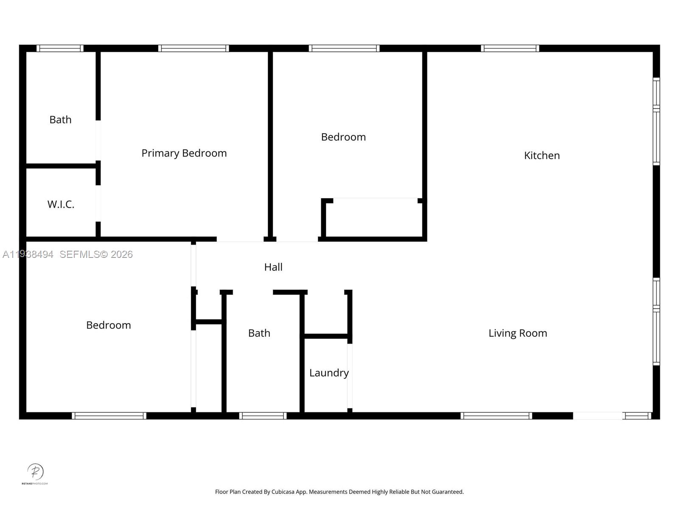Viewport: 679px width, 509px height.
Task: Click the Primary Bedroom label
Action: (184, 153)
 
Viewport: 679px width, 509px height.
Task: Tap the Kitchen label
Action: (542, 156)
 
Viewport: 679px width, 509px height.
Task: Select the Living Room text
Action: (517, 333)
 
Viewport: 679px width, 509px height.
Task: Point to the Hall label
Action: (273, 267)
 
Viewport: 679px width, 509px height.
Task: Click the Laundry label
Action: (328, 373)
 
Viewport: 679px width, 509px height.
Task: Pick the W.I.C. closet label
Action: (61, 204)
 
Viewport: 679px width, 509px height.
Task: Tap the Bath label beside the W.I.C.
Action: (60, 120)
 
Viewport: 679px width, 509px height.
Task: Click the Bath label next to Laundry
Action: (259, 333)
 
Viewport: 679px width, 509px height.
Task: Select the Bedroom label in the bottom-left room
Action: (108, 325)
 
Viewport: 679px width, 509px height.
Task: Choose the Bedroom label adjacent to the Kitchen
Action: (343, 137)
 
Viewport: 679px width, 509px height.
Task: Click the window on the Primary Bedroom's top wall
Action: (194, 48)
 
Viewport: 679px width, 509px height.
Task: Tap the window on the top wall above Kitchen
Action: (510, 48)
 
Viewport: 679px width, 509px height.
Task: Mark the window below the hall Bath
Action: (263, 416)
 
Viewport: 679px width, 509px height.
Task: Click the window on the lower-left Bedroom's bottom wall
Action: (109, 416)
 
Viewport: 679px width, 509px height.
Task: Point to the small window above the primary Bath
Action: (60, 48)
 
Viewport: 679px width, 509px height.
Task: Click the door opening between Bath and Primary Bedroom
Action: (98, 140)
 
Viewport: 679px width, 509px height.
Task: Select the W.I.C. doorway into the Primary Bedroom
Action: (98, 203)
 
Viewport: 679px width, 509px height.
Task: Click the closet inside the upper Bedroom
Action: (373, 218)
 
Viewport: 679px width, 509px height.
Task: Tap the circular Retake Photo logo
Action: (35, 472)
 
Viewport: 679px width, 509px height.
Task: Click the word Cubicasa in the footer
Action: (283, 492)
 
